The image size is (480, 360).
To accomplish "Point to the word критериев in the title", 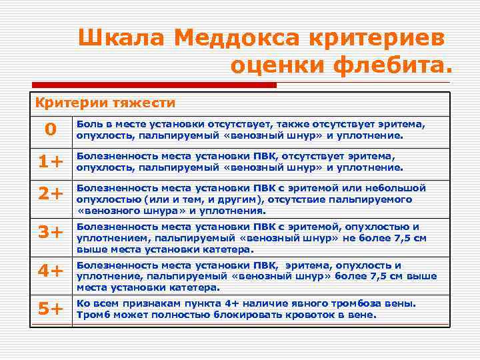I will click(x=379, y=38).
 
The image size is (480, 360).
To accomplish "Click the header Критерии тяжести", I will click(x=105, y=103).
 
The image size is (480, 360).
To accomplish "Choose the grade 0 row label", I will click(x=51, y=129).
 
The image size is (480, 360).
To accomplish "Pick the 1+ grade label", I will click(x=51, y=161).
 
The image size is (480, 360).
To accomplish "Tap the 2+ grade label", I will click(x=51, y=193).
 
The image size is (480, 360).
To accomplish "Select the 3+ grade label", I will click(x=51, y=232).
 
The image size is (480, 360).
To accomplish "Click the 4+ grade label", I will click(x=51, y=271).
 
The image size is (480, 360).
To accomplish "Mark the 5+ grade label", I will click(x=51, y=309).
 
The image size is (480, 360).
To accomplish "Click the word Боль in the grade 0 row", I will click(x=88, y=124).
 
